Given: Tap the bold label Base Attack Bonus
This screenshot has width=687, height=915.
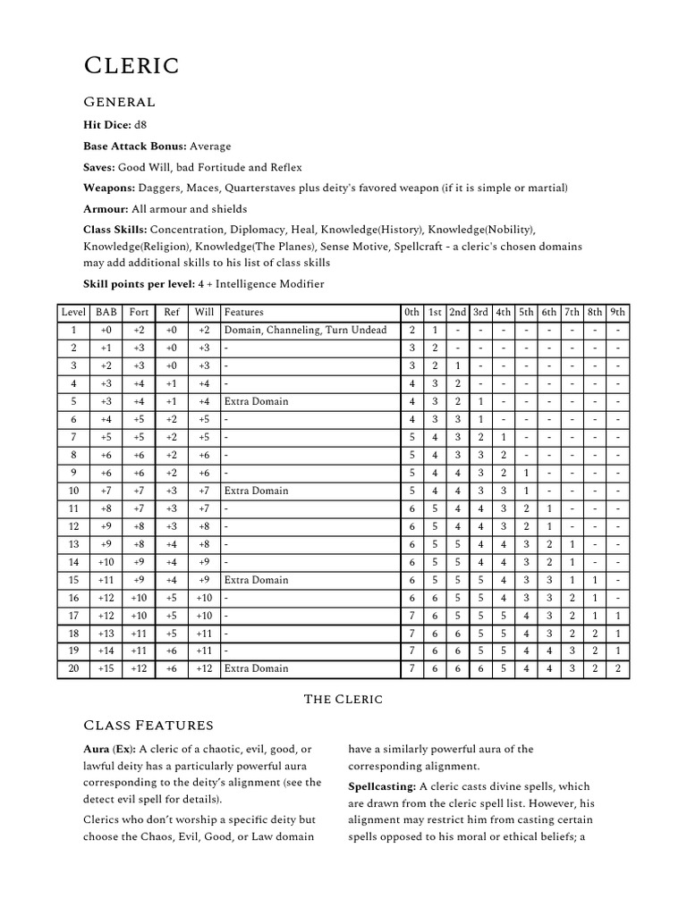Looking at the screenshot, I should [x=134, y=146].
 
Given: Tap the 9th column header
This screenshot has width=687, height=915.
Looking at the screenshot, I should [x=617, y=313].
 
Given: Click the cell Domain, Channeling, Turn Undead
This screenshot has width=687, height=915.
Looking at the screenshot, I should [x=305, y=331].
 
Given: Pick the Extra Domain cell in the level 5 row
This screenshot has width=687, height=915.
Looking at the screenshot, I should [x=257, y=401].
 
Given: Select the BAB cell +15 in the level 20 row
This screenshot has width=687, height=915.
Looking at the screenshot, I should [x=105, y=668].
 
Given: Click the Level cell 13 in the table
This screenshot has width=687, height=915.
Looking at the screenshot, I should [x=73, y=544].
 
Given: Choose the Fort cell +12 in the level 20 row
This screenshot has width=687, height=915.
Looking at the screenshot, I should [x=139, y=668].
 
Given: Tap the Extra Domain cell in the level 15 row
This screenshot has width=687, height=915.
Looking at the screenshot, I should [x=257, y=580].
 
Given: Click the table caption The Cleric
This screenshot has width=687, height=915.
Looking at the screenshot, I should [x=343, y=699].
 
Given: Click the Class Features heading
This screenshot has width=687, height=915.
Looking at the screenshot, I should [x=148, y=725].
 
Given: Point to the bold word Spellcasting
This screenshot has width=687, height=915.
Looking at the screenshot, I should [x=381, y=786].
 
